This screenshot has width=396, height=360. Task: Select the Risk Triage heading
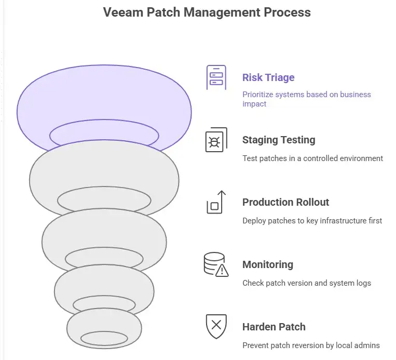tap(268, 77)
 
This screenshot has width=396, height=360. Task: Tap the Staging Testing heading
tap(279, 140)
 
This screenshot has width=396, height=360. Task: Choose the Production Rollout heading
tap(286, 202)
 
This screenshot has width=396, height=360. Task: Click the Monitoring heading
tap(268, 264)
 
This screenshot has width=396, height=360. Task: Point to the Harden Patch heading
tap(274, 327)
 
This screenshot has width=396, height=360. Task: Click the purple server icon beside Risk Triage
tap(216, 77)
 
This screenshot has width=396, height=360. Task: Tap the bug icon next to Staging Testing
tap(216, 140)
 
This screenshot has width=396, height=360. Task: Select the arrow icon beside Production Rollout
tap(216, 202)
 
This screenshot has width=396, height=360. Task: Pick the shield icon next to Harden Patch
tap(216, 326)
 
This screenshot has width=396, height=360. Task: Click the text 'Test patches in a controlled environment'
tap(312, 158)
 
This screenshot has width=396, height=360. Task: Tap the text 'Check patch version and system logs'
tap(307, 283)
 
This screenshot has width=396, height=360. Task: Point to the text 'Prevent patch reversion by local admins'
tap(311, 345)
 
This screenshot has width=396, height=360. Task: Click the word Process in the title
tap(287, 12)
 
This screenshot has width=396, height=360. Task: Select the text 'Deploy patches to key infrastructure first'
tap(312, 221)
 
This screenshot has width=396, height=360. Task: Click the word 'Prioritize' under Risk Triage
tap(258, 95)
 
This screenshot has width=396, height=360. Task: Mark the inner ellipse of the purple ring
tap(104, 135)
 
